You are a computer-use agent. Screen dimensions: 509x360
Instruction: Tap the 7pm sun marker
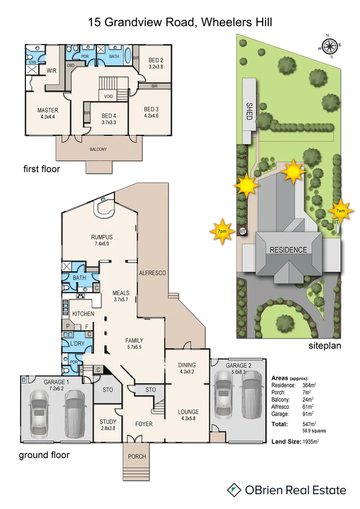pos(221,231)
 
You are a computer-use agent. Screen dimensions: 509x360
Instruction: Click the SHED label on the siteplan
pos(249,111)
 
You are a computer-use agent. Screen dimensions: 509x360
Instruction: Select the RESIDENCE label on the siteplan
pos(288,250)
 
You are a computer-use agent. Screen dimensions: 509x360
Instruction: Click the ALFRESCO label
pos(152,273)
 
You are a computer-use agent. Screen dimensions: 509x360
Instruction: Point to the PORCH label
pos(137,456)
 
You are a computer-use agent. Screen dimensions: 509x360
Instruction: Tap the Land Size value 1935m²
pos(311,442)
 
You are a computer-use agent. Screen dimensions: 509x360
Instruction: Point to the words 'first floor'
pos(41,169)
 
